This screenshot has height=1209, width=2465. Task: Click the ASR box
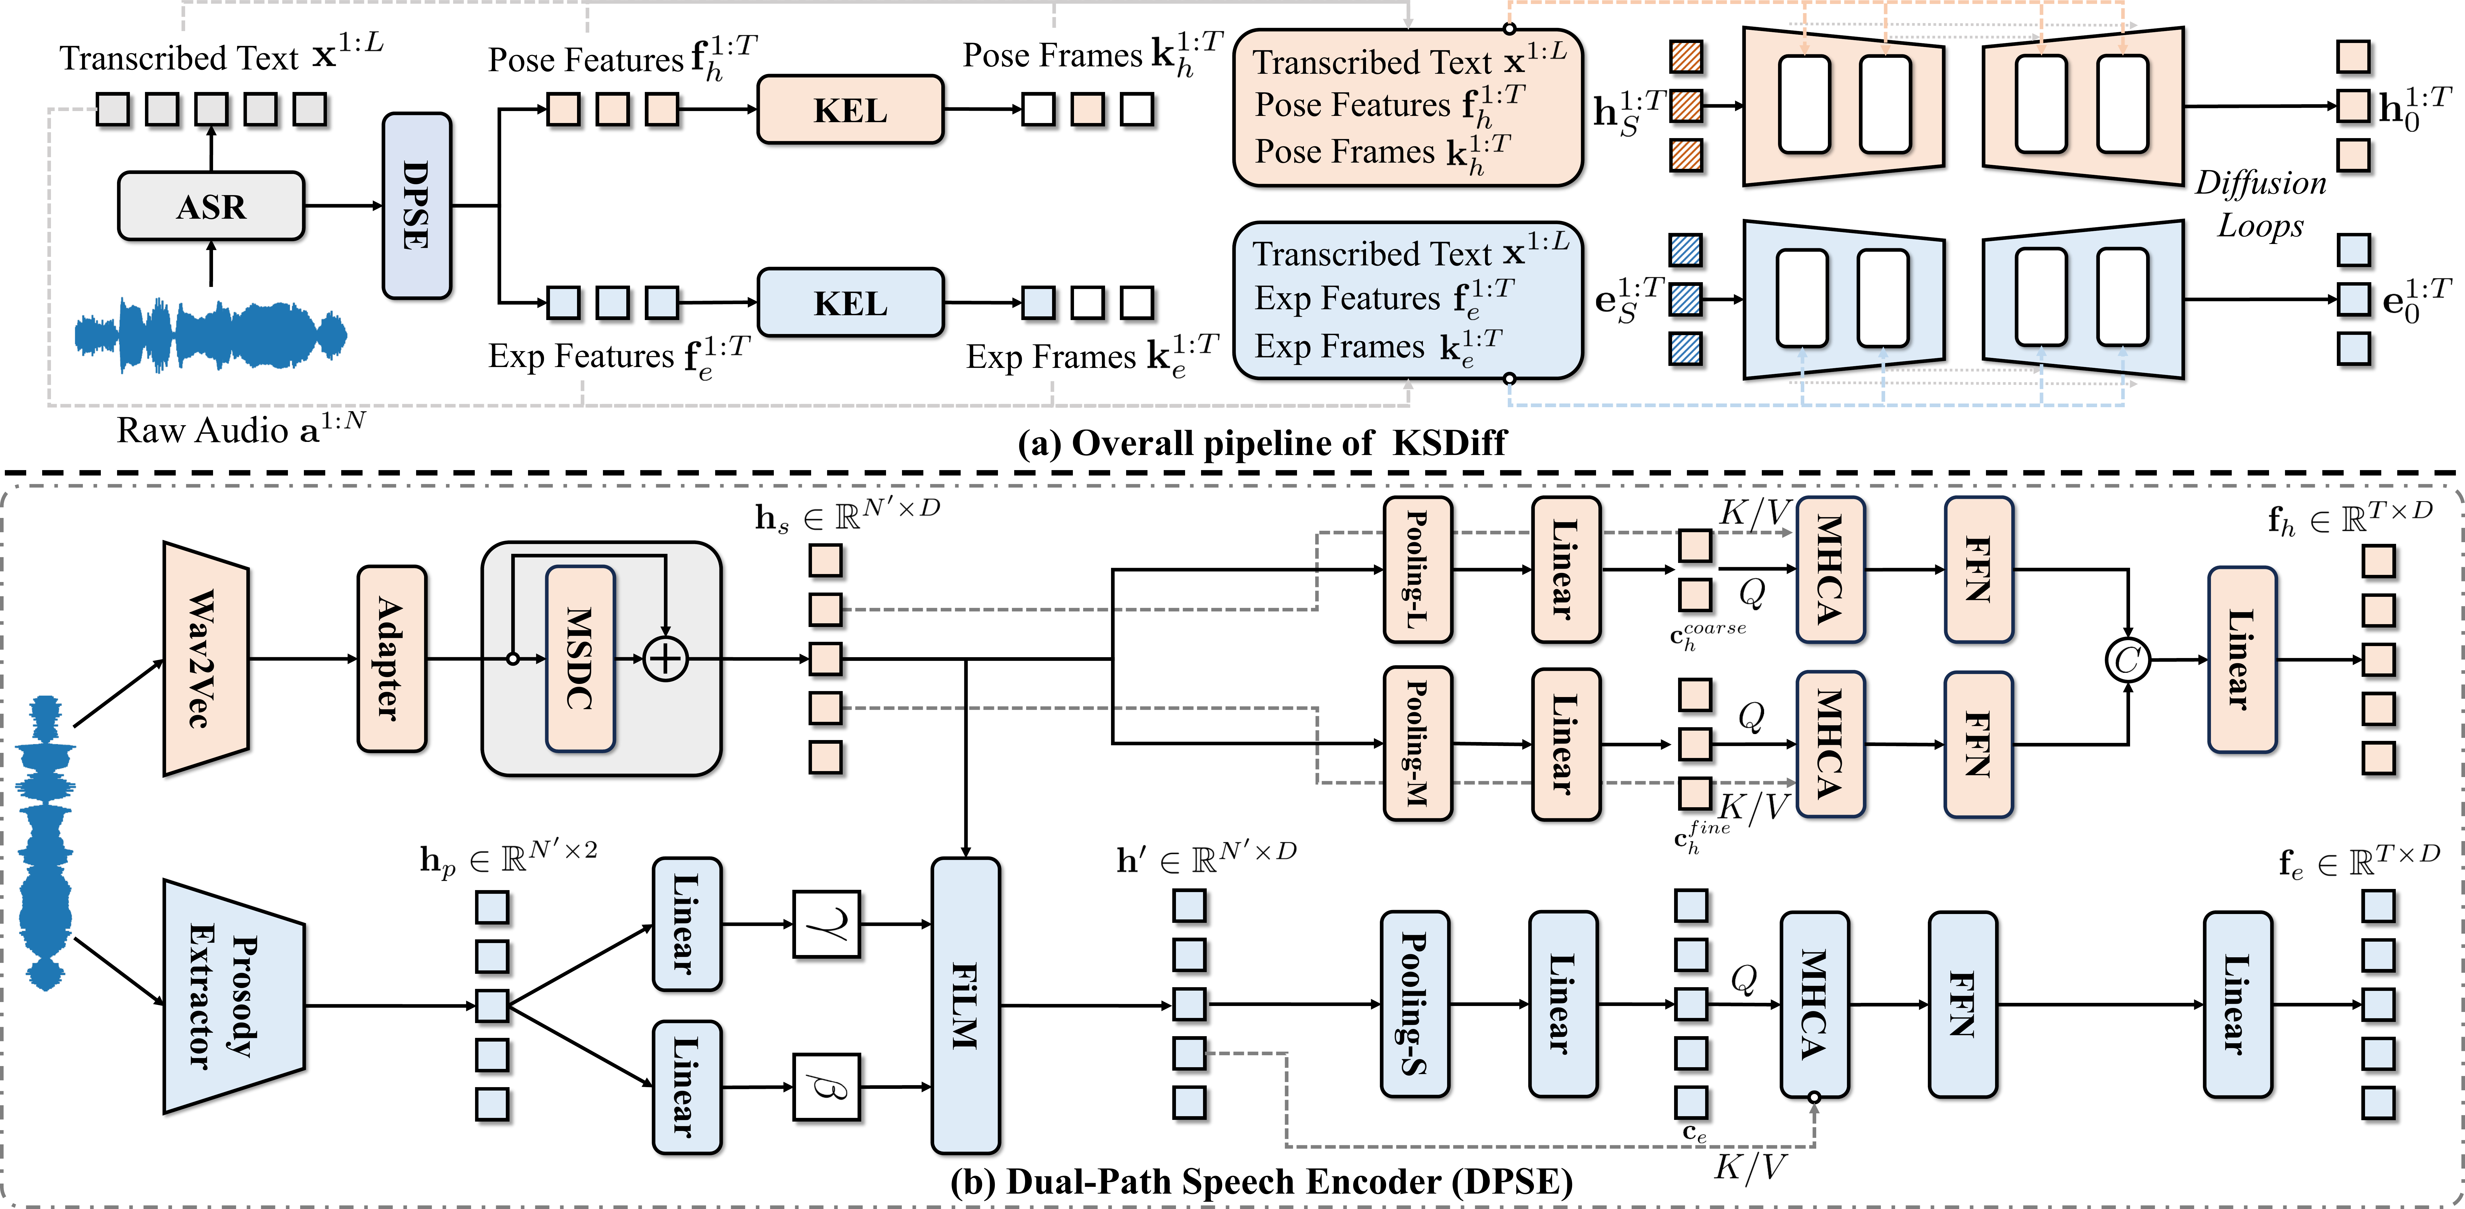pyautogui.click(x=210, y=206)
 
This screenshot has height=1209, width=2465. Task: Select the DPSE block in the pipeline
pyautogui.click(x=416, y=206)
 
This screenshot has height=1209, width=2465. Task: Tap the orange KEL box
pyautogui.click(x=850, y=110)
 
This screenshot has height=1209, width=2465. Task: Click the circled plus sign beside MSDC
pyautogui.click(x=665, y=659)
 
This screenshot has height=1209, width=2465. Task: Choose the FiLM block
pyautogui.click(x=965, y=1004)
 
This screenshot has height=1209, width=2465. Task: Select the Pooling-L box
pyautogui.click(x=1417, y=569)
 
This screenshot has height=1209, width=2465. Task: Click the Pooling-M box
pyautogui.click(x=1417, y=743)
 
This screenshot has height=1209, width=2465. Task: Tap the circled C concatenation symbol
pyautogui.click(x=2127, y=660)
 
